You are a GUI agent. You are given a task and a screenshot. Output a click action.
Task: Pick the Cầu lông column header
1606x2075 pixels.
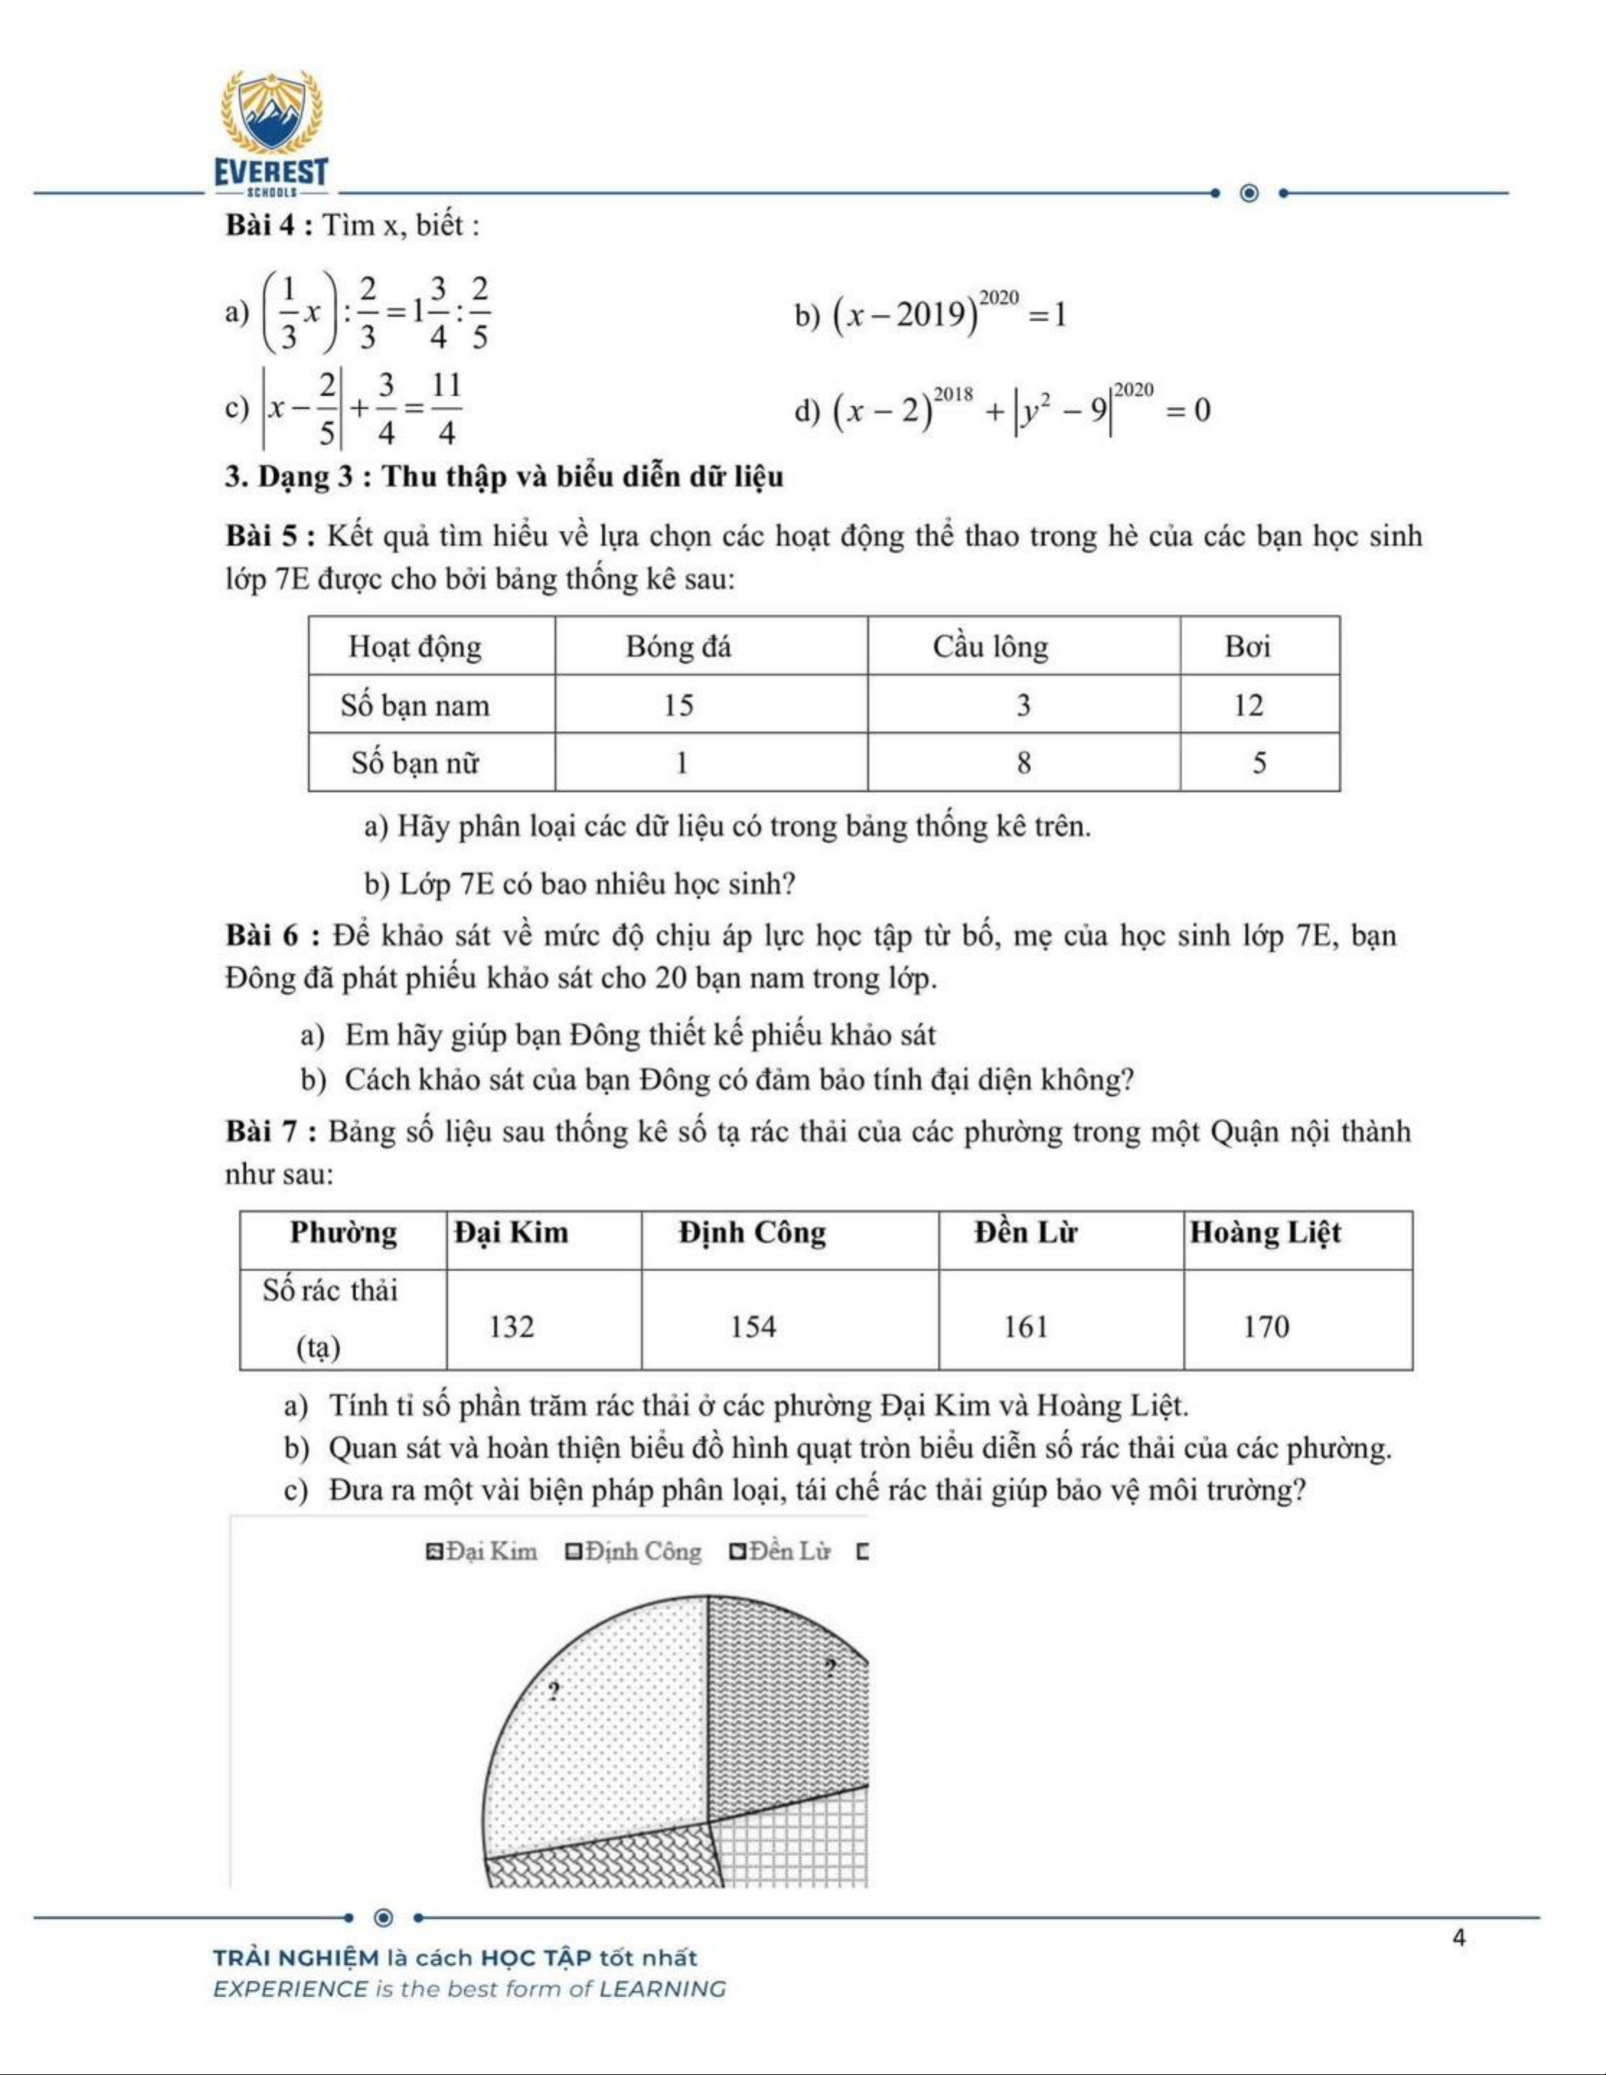click(x=989, y=647)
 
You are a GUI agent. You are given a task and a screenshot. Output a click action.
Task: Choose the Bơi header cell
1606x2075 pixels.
click(x=1246, y=647)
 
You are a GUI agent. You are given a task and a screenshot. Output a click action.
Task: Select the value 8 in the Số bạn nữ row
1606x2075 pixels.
click(x=1023, y=763)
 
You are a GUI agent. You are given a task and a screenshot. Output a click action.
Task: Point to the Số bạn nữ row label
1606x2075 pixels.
click(x=415, y=763)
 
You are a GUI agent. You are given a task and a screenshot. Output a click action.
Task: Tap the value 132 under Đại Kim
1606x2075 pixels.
click(x=512, y=1327)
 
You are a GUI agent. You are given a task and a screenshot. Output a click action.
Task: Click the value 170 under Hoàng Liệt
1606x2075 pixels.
click(x=1266, y=1327)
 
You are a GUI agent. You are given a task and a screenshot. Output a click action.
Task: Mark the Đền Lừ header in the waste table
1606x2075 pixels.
click(x=1025, y=1233)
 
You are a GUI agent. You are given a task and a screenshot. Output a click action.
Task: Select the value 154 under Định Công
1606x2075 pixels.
click(x=753, y=1327)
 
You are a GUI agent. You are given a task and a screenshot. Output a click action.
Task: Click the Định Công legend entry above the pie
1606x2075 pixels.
click(x=634, y=1551)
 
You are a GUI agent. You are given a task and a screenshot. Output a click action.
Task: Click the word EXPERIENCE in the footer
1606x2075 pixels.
click(x=289, y=1989)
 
